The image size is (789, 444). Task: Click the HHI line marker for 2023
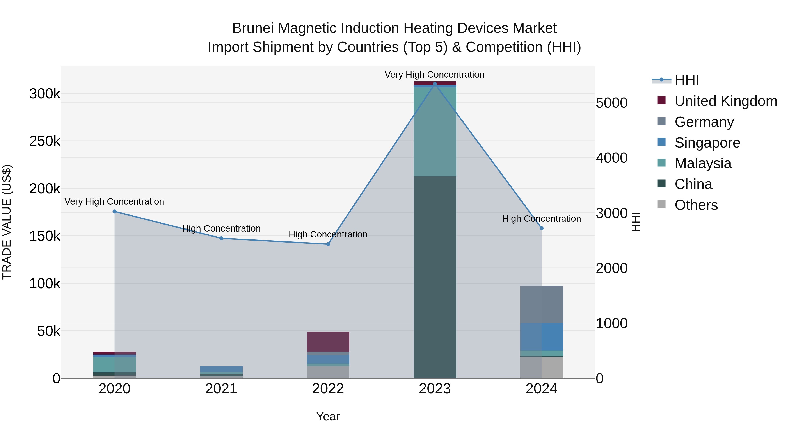[435, 84]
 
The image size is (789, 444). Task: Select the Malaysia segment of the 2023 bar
[435, 132]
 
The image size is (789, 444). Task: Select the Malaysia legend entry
[703, 163]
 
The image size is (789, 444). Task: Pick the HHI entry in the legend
[687, 80]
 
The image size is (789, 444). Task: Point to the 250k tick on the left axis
[45, 141]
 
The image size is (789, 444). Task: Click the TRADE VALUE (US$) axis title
[7, 222]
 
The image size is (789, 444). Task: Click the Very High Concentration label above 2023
[434, 75]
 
